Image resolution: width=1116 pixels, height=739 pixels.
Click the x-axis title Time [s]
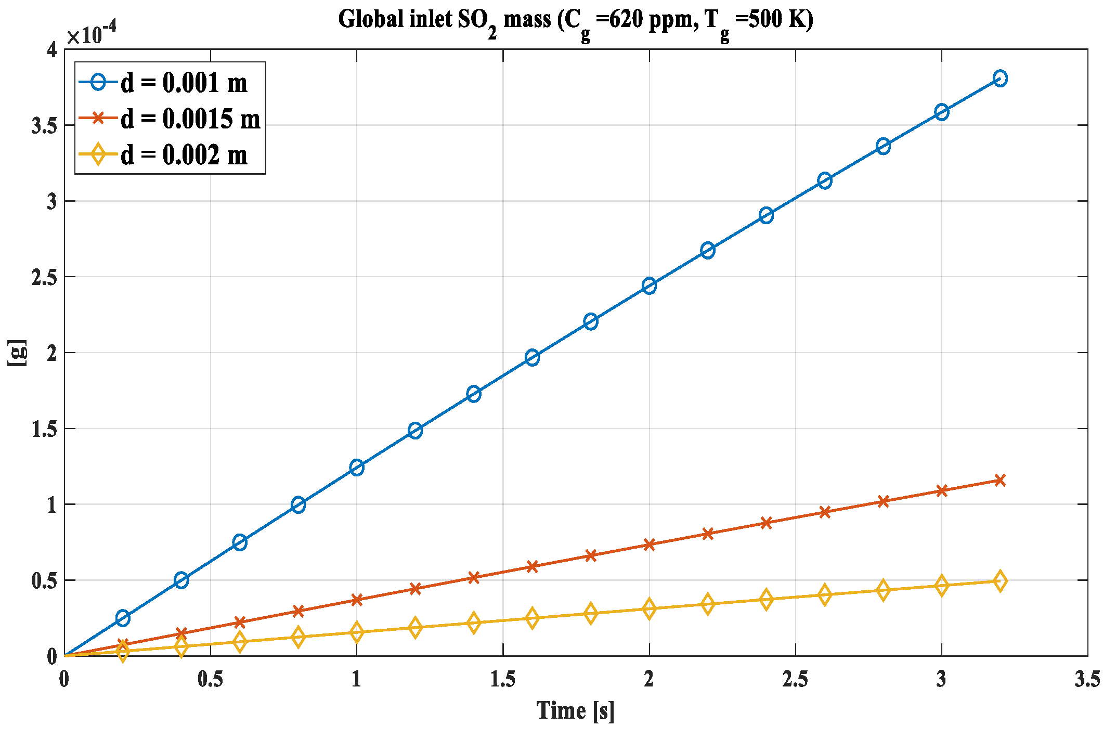[575, 710]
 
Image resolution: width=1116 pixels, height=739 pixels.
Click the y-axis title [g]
[17, 353]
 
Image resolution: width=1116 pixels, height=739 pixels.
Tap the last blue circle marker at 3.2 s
[1000, 79]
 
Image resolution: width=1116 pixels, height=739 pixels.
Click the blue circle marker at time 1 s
[357, 467]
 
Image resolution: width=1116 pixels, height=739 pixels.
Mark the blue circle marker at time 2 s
[649, 286]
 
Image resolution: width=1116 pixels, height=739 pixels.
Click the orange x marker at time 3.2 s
[1000, 480]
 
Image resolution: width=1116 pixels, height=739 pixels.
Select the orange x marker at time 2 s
[649, 544]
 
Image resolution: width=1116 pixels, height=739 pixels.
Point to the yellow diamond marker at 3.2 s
[1000, 581]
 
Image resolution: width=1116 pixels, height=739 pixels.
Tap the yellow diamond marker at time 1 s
[357, 632]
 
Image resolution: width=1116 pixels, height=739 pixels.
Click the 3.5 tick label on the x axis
[1087, 679]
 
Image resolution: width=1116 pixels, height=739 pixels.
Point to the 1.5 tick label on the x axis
[503, 679]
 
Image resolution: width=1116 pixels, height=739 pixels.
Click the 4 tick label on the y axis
[51, 50]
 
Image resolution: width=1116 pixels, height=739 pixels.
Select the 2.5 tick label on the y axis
[45, 278]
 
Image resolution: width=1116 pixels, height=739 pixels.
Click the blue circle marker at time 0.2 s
[123, 618]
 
